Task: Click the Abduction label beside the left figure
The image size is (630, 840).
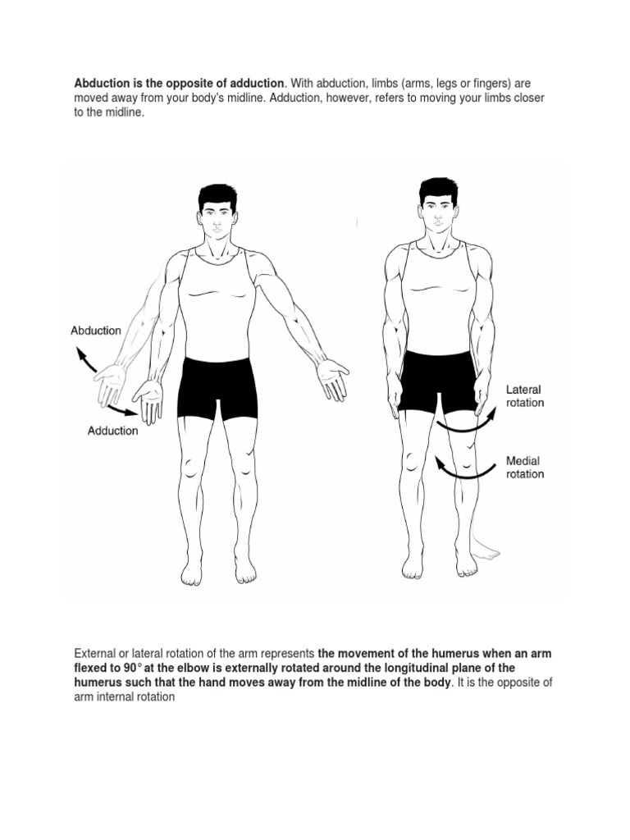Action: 96,331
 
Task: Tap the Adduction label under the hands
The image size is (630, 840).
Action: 113,431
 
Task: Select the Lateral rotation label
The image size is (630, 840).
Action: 524,396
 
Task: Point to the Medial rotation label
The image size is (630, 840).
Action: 524,468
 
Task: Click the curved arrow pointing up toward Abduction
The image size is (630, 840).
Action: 84,361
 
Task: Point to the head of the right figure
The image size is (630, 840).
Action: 438,206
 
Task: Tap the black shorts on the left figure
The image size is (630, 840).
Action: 217,385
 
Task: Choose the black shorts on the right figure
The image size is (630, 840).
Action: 438,379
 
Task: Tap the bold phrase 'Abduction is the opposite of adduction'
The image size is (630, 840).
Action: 179,84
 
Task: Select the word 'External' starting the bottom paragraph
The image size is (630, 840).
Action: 97,654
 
